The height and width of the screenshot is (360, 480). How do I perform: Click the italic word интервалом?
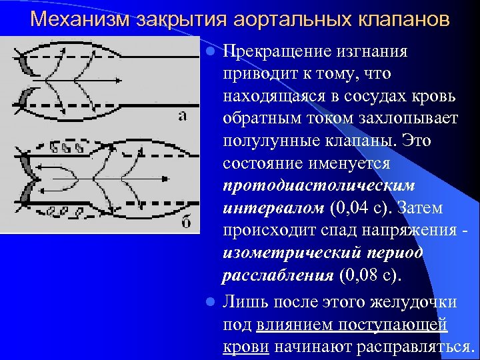point(273,209)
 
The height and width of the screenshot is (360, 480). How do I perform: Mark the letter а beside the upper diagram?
point(182,115)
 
